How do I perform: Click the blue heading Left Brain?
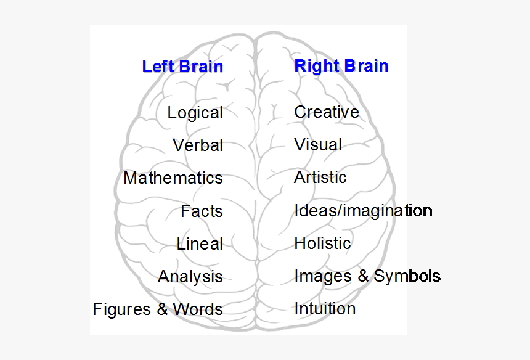pyautogui.click(x=182, y=66)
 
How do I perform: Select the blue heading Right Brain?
pyautogui.click(x=341, y=65)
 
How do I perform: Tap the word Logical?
pyautogui.click(x=195, y=113)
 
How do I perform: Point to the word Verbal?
pyautogui.click(x=198, y=145)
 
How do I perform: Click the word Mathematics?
pyautogui.click(x=173, y=178)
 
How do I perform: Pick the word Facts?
pyautogui.click(x=202, y=211)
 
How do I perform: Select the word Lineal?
pyautogui.click(x=200, y=244)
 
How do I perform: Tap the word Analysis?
pyautogui.click(x=190, y=277)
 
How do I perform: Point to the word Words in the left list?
pyautogui.click(x=198, y=309)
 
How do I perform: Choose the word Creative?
pyautogui.click(x=327, y=112)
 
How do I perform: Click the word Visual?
pyautogui.click(x=318, y=145)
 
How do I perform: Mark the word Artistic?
pyautogui.click(x=320, y=178)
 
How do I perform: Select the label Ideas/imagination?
pyautogui.click(x=363, y=211)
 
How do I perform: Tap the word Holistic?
pyautogui.click(x=322, y=243)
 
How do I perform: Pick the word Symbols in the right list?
pyautogui.click(x=407, y=276)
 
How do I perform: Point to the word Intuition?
pyautogui.click(x=325, y=308)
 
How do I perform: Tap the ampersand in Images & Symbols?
pyautogui.click(x=363, y=276)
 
